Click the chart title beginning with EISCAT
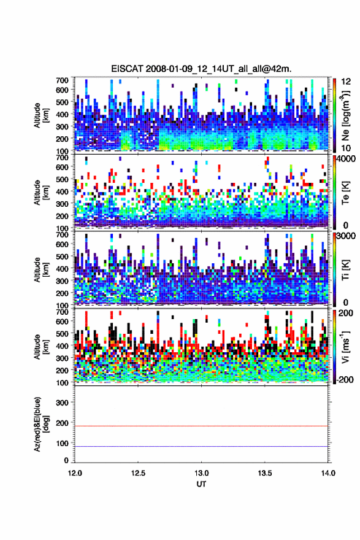click(x=201, y=69)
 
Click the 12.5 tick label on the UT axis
click(x=138, y=473)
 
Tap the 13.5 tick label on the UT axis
click(x=265, y=473)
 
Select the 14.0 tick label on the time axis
click(x=328, y=473)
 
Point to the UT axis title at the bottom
click(x=201, y=484)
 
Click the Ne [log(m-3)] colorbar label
click(x=345, y=115)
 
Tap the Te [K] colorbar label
click(x=345, y=193)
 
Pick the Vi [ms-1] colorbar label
click(x=345, y=347)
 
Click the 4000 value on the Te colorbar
click(x=346, y=160)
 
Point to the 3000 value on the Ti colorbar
click(x=346, y=236)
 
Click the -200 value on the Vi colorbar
click(x=345, y=380)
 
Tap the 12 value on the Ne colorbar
click(x=346, y=82)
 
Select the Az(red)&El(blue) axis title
click(x=41, y=425)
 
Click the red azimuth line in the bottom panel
click(x=201, y=426)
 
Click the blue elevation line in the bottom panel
click(x=201, y=446)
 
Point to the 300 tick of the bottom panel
click(x=62, y=403)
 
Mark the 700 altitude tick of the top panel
click(x=62, y=80)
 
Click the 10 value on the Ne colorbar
click(x=346, y=148)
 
